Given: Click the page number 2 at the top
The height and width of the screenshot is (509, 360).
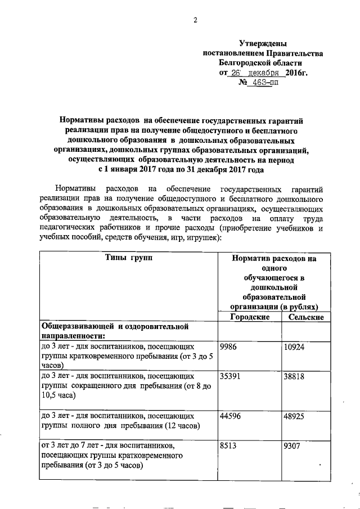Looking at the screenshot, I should point(195,21).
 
